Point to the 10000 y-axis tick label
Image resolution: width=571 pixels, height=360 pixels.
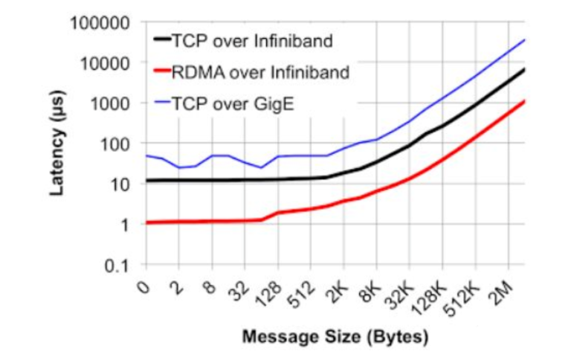pos(106,62)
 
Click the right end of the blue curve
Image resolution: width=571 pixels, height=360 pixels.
pos(525,39)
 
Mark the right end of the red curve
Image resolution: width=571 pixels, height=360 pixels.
pos(525,100)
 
